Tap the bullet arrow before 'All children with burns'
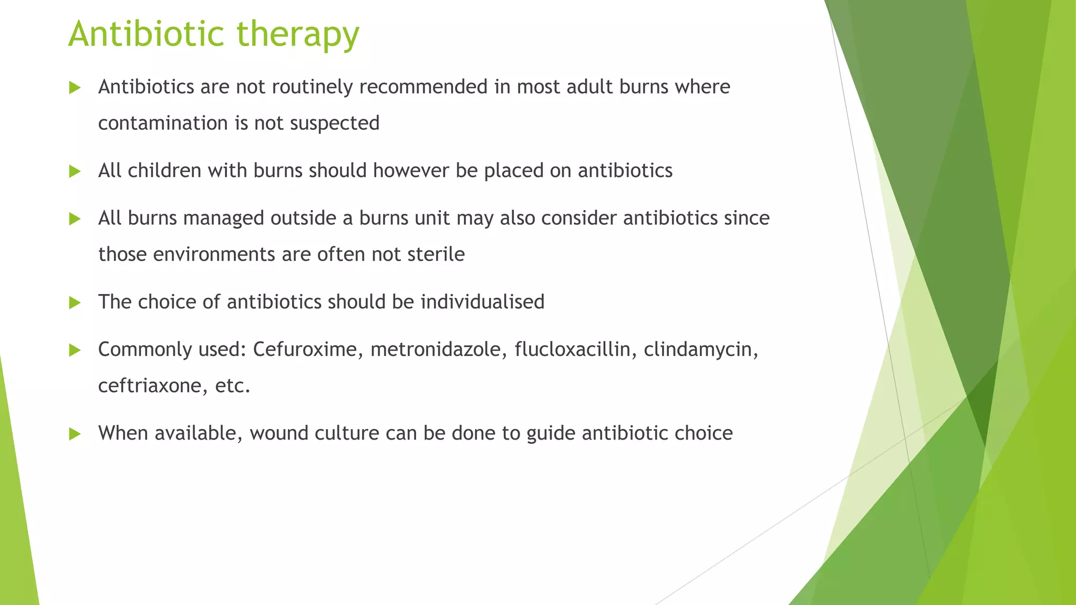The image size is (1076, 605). coord(75,171)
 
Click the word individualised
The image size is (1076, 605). coord(482,302)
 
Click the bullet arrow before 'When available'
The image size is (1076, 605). coord(75,434)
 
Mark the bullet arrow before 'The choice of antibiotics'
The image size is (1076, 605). coord(75,302)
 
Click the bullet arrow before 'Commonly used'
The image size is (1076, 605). coord(75,350)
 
